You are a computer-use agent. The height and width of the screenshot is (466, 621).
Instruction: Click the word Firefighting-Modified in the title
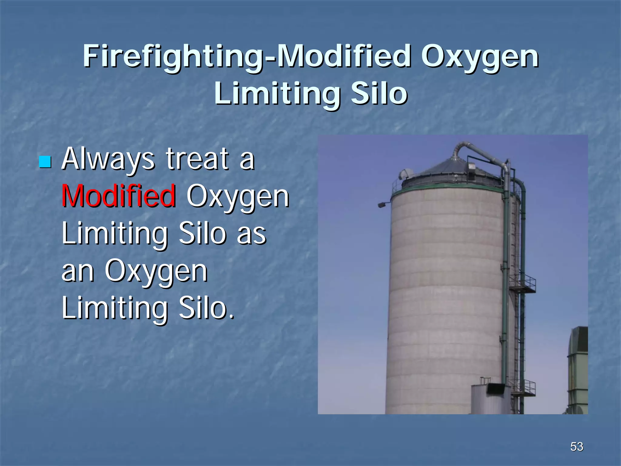pyautogui.click(x=247, y=57)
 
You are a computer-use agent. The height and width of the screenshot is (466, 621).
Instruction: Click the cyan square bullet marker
pyautogui.click(x=45, y=162)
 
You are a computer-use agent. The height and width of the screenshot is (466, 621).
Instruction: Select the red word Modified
pyautogui.click(x=119, y=196)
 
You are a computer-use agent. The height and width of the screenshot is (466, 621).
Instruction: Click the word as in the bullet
pyautogui.click(x=251, y=234)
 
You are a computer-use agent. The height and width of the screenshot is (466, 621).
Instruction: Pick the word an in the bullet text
pyautogui.click(x=78, y=271)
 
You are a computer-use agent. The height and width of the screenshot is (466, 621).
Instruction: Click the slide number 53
pyautogui.click(x=576, y=447)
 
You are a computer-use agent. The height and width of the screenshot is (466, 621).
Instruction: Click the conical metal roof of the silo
pyautogui.click(x=452, y=170)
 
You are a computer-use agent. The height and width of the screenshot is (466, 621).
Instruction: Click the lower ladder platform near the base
pyautogui.click(x=524, y=389)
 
